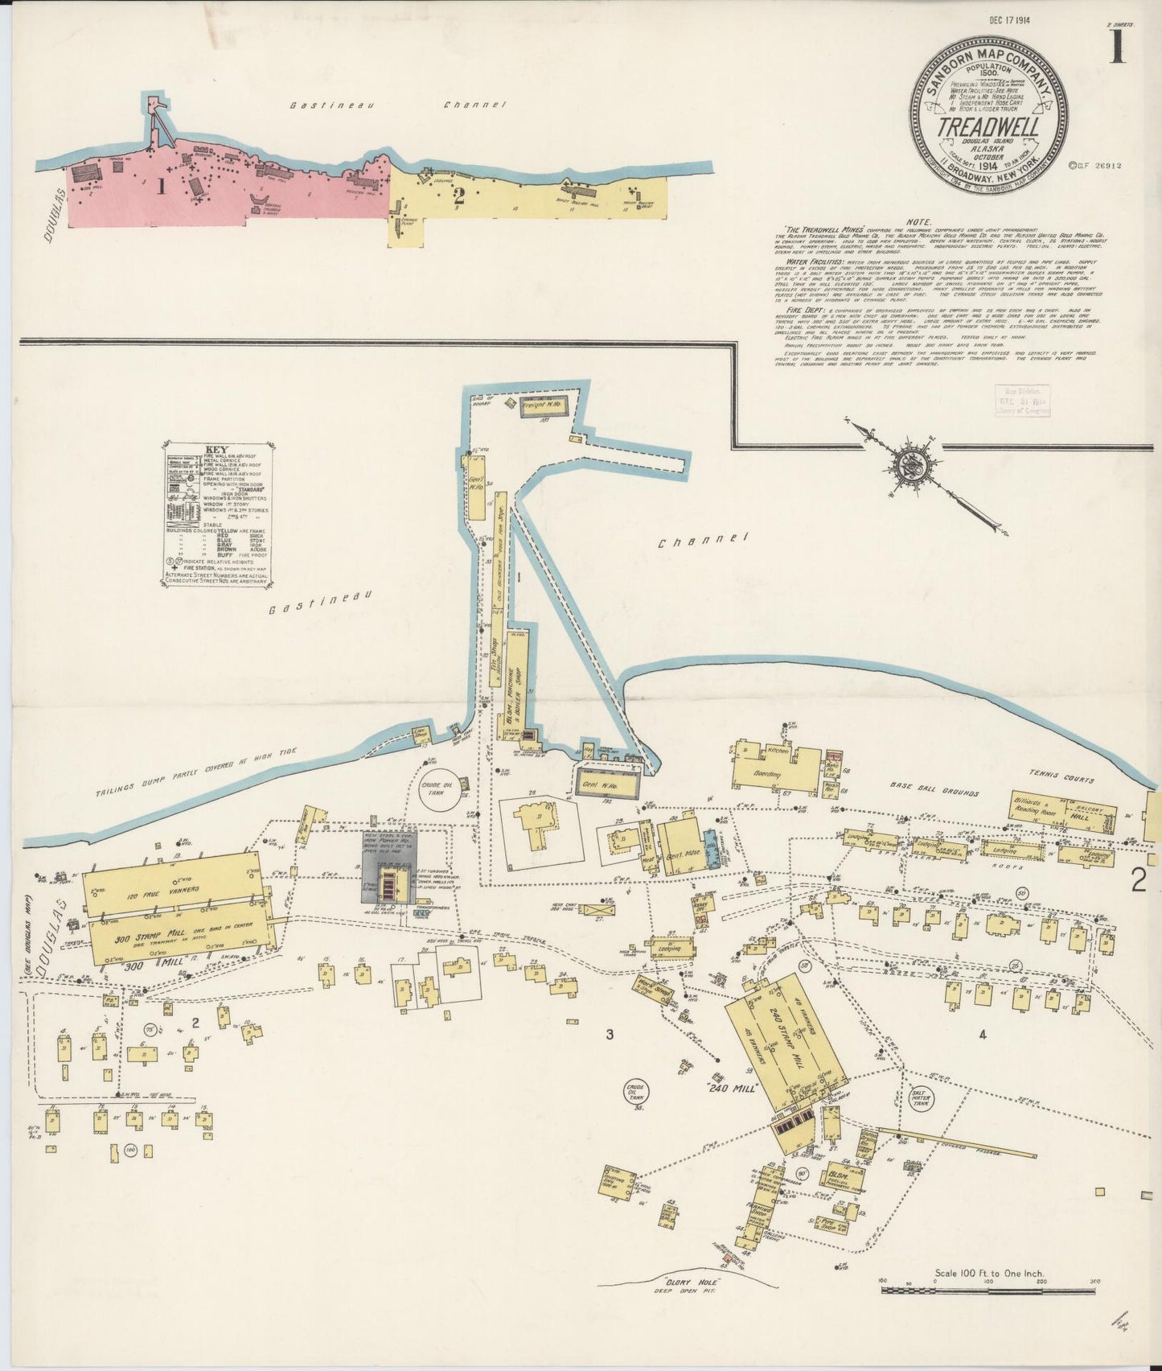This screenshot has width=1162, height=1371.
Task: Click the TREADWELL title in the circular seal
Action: pos(987,129)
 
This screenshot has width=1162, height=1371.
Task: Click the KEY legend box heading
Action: pos(217,451)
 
